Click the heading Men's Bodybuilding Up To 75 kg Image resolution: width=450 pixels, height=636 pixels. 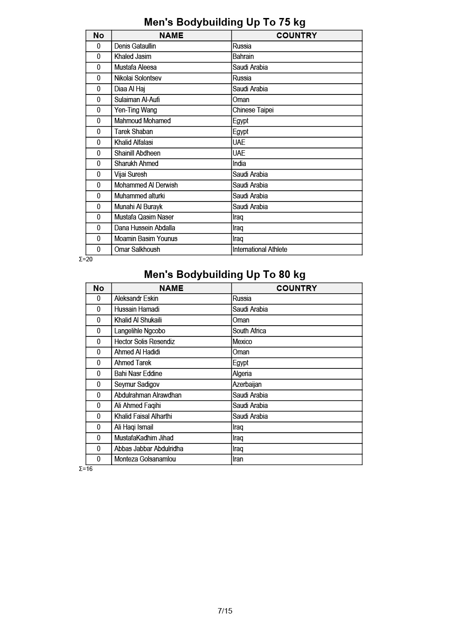(225, 22)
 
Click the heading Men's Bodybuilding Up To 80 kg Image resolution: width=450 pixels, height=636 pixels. (225, 274)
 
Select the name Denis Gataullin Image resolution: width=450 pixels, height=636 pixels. (135, 46)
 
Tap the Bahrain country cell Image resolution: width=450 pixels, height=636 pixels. (243, 57)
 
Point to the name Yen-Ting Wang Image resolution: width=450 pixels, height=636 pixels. (135, 110)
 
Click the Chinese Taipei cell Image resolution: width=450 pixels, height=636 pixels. (253, 110)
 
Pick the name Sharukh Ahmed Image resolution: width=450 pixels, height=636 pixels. (136, 164)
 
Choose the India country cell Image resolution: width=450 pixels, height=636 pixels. (239, 164)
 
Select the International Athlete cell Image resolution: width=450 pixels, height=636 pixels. (260, 250)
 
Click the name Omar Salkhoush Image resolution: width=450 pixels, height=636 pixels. (137, 250)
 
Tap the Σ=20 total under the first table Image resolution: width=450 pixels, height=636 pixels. (85, 259)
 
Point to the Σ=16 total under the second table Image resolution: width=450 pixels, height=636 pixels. (85, 469)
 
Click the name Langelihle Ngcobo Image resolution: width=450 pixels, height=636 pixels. (139, 331)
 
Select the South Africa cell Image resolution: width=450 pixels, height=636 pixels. (249, 331)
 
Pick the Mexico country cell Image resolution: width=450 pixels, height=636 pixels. (242, 342)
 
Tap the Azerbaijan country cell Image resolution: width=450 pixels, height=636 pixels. (247, 385)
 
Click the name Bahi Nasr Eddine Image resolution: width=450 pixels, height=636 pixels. (138, 374)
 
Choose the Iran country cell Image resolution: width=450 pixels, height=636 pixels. (238, 459)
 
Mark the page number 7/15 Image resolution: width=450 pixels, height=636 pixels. (225, 611)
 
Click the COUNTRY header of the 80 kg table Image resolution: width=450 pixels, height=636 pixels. (297, 288)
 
